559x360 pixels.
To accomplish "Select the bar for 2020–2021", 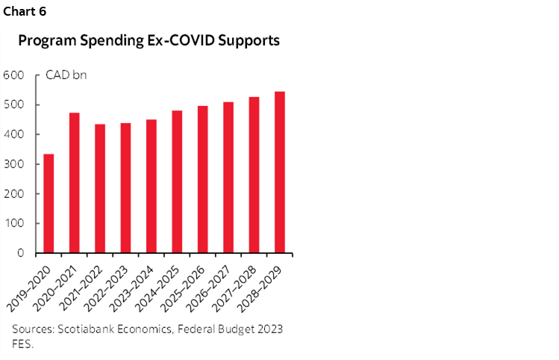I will [75, 183].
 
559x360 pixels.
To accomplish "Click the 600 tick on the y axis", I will [15, 75].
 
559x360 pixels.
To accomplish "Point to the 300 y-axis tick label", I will [15, 164].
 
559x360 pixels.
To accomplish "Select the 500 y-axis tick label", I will [15, 105].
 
